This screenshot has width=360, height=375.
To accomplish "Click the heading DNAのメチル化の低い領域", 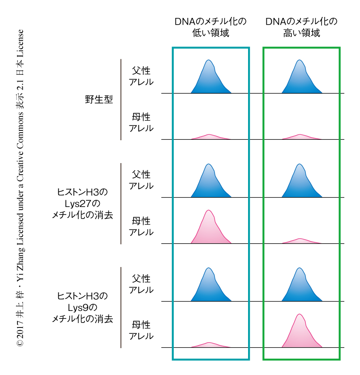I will (x=210, y=27).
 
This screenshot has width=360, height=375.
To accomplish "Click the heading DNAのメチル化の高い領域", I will (x=301, y=27).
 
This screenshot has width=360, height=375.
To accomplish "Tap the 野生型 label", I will (x=99, y=99).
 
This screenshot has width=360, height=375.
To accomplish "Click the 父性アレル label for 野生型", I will (x=141, y=76).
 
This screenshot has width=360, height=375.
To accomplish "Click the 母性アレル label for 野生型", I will (x=141, y=122).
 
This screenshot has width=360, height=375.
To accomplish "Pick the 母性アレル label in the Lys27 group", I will (x=141, y=226).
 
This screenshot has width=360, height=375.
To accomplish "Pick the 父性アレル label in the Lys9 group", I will (x=141, y=284).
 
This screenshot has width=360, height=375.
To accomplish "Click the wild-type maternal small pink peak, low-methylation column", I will (x=210, y=137).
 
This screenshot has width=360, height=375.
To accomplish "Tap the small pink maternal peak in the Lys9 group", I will (x=210, y=345).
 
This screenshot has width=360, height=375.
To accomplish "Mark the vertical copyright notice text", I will (x=20, y=188).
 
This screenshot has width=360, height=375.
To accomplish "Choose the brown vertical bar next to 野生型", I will (x=121, y=99).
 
